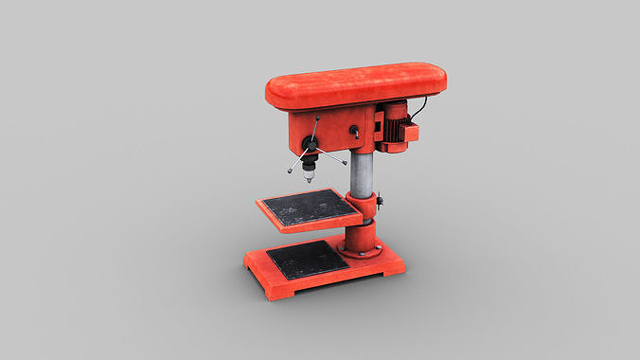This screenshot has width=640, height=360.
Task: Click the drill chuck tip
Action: (x=309, y=178)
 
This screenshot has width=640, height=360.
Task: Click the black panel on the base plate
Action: (x=306, y=259)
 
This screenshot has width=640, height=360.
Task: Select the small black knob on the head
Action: (x=355, y=133)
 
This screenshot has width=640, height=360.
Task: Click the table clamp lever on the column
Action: (x=380, y=202)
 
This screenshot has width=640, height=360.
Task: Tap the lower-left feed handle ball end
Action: (x=289, y=171)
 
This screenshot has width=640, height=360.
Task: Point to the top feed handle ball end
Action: (x=319, y=119)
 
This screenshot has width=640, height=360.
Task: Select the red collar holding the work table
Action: (x=364, y=210)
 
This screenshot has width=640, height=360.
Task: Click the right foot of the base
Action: (x=390, y=272)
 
